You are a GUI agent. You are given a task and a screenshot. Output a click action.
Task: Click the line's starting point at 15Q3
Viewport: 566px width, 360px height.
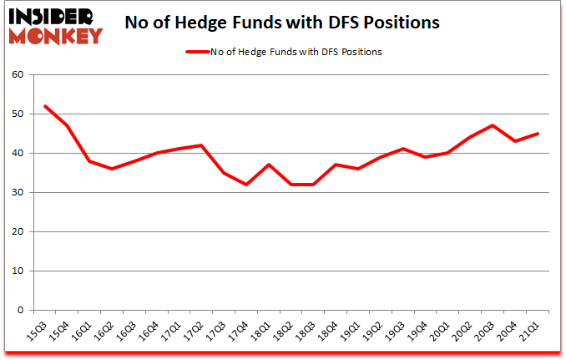point(43,106)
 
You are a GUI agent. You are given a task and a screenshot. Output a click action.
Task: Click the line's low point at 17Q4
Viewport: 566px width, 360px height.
point(246,185)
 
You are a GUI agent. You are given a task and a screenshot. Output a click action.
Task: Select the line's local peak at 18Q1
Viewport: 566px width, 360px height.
point(269,165)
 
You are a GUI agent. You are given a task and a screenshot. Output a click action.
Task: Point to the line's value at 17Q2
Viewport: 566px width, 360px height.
point(201,145)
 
